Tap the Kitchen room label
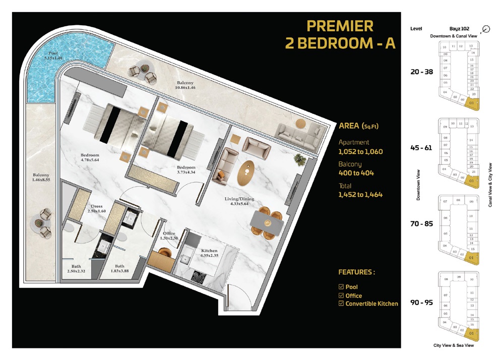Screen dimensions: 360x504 [x=209, y=250]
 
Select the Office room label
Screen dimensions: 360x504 [x=168, y=233]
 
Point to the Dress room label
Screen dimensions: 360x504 [x=97, y=206]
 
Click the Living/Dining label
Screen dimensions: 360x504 [x=239, y=199]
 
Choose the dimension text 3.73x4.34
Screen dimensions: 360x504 [x=185, y=173]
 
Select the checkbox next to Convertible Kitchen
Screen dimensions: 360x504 [x=341, y=304]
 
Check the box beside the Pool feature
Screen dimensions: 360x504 [x=341, y=287]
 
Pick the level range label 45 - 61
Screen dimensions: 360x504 [x=421, y=148]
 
